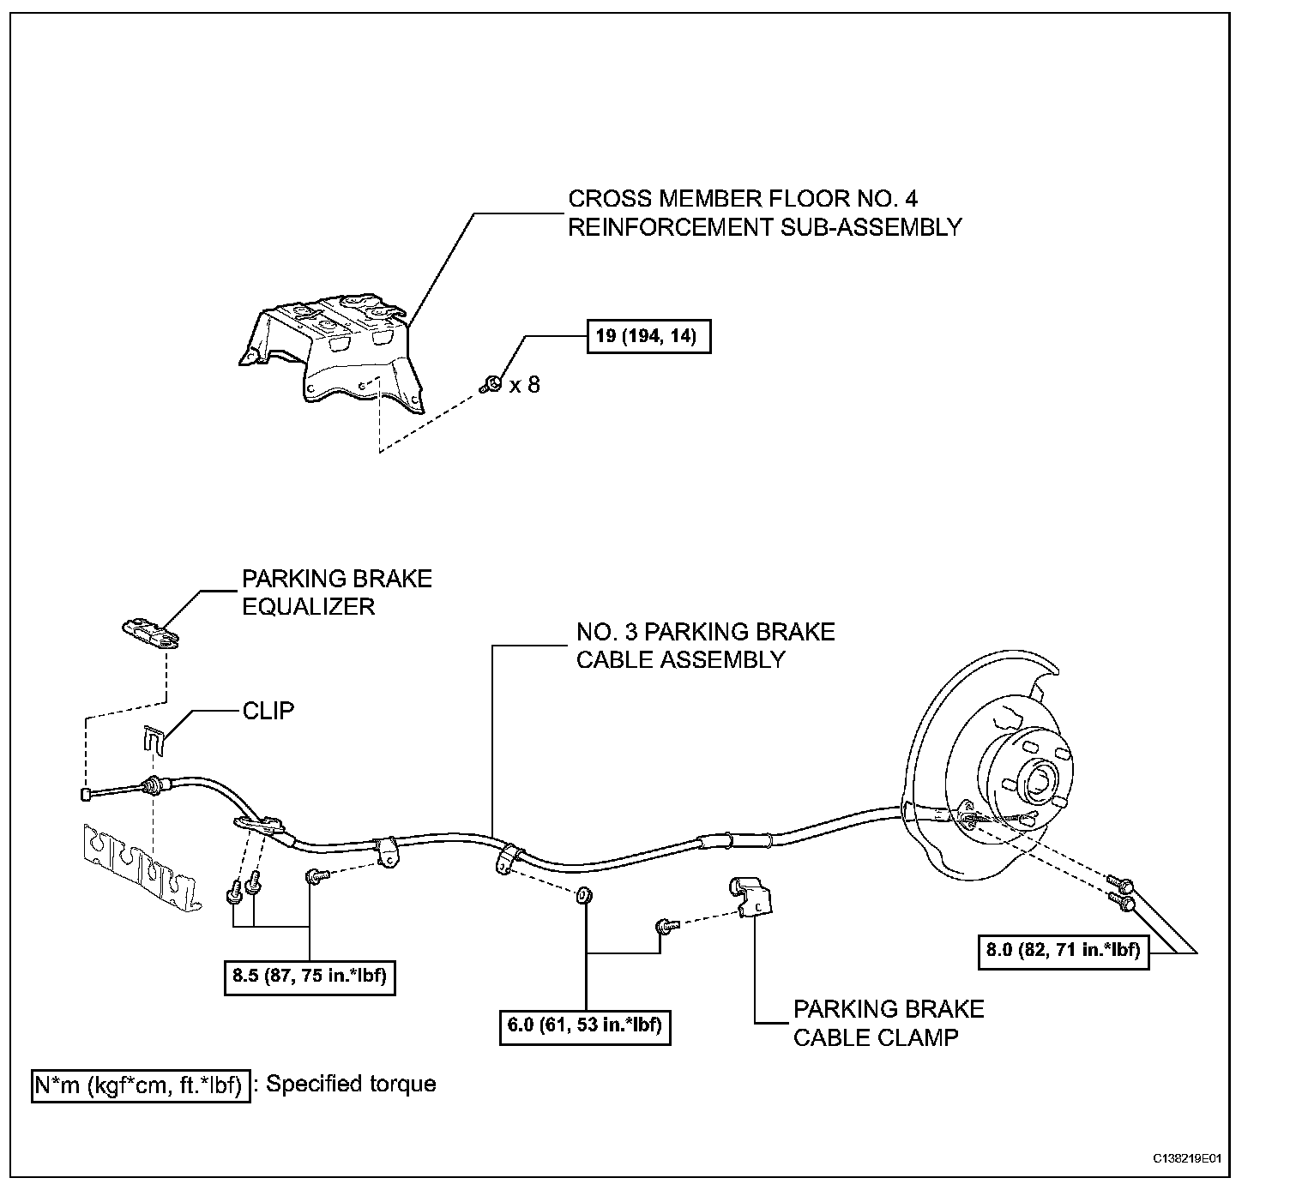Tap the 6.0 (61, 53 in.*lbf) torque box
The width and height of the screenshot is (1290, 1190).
point(585,1026)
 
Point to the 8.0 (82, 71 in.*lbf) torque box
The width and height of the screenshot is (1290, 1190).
point(1064,950)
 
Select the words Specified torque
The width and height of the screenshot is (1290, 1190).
point(351,1084)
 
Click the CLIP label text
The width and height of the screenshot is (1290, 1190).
point(268,711)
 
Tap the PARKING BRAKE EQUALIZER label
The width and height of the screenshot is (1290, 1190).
point(336,592)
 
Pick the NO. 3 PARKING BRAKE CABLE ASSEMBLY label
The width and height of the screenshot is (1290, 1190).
point(704,646)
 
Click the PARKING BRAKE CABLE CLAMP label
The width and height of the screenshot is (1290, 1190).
point(888,1023)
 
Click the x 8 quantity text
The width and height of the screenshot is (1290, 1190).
point(524,385)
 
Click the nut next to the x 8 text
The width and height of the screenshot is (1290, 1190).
point(491,384)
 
